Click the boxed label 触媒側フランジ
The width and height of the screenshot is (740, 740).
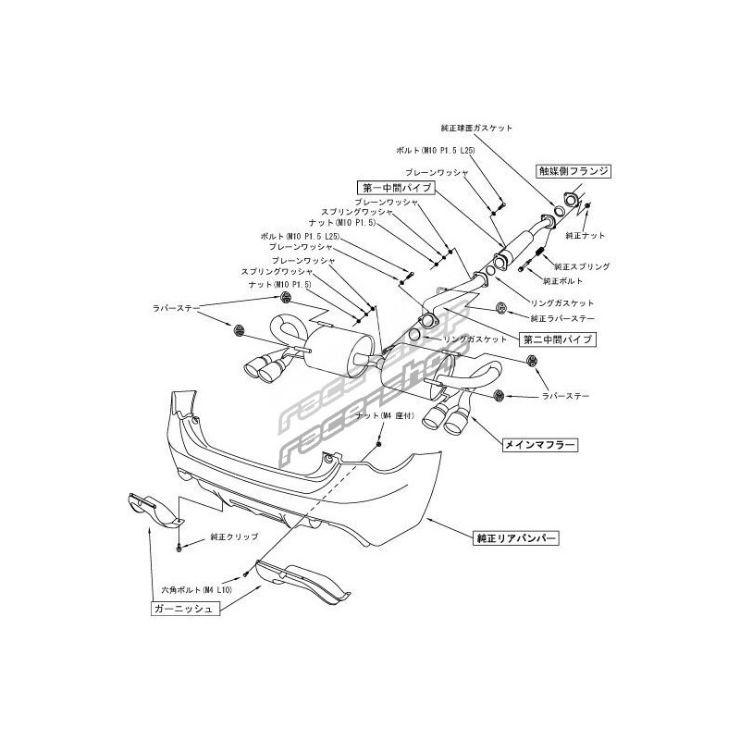coord(578,171)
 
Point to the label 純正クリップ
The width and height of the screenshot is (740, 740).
coord(234,536)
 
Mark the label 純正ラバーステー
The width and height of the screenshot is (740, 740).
coord(561,318)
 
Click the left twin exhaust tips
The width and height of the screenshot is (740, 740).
coord(264,367)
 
